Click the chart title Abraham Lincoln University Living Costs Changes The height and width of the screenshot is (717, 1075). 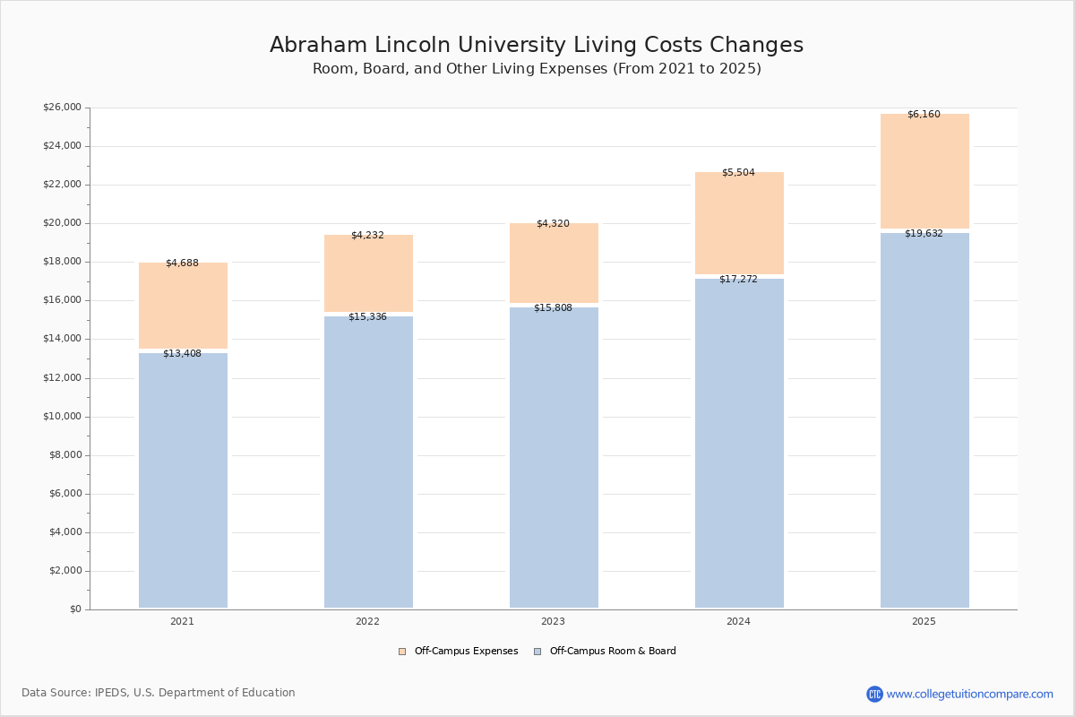537,46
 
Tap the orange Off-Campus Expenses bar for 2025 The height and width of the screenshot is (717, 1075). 924,171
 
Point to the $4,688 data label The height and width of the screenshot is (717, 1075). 182,263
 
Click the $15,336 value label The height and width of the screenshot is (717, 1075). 367,317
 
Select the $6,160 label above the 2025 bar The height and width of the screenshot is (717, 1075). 924,115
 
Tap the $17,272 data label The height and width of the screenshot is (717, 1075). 738,280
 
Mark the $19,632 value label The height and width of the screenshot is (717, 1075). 924,234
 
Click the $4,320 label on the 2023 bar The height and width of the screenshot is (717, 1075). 553,224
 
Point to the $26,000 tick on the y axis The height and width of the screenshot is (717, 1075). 62,108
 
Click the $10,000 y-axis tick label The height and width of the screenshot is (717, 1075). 62,417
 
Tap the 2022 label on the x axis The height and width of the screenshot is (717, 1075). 367,622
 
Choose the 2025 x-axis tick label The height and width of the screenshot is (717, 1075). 924,622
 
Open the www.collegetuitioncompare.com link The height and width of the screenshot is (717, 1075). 969,694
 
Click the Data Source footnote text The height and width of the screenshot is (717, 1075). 159,693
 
